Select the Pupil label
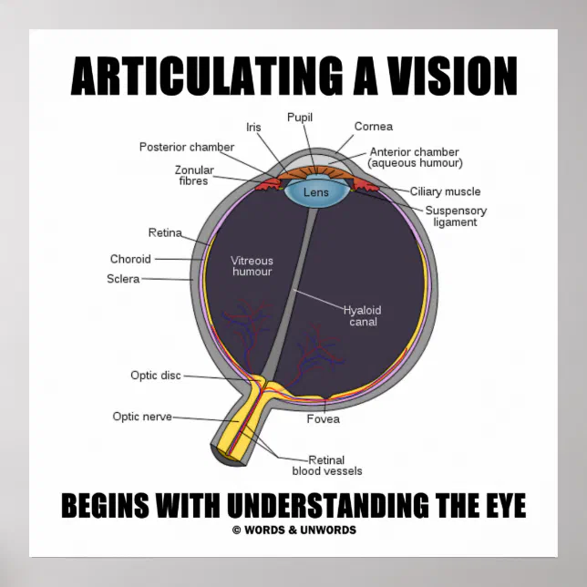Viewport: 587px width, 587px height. click(x=300, y=118)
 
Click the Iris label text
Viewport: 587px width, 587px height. click(x=253, y=128)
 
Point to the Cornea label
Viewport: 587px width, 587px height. click(x=372, y=128)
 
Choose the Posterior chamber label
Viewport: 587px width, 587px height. click(x=186, y=147)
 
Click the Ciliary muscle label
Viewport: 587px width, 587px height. click(x=445, y=191)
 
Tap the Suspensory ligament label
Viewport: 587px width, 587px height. click(x=456, y=216)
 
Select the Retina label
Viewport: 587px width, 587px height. click(x=165, y=232)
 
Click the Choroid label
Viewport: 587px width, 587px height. click(x=130, y=259)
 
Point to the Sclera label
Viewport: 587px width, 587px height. click(x=123, y=279)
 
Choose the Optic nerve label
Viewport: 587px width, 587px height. click(x=142, y=417)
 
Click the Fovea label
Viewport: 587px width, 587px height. click(x=323, y=419)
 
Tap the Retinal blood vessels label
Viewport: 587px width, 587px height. click(x=327, y=465)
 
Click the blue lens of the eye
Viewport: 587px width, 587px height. click(x=315, y=192)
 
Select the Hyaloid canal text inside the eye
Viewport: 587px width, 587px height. click(x=360, y=315)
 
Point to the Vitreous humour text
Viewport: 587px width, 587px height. click(x=252, y=266)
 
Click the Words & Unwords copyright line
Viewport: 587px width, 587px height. click(x=293, y=530)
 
